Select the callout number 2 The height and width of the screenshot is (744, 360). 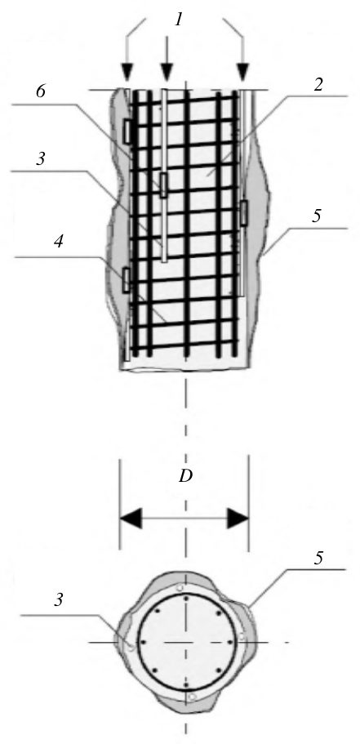[318, 85]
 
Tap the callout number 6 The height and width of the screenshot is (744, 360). [41, 92]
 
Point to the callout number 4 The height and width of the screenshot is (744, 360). [58, 242]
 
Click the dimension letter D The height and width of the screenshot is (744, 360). [184, 476]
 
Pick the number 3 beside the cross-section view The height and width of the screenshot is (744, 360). [58, 600]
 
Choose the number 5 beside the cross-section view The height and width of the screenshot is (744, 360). [318, 559]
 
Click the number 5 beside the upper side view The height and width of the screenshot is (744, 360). [317, 216]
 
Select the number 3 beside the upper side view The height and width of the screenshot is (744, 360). [41, 159]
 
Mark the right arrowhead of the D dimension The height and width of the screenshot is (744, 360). [238, 518]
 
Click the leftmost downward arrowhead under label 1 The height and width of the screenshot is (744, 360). [127, 73]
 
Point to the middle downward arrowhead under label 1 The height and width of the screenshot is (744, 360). [166, 73]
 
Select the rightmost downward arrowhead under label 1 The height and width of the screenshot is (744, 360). [242, 73]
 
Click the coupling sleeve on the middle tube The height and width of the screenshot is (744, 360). [163, 185]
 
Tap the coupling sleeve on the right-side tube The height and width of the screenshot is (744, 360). [244, 212]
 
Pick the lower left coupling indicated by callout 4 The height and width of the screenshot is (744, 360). [127, 280]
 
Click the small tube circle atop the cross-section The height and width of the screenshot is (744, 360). [180, 588]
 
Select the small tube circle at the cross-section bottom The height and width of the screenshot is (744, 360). [192, 697]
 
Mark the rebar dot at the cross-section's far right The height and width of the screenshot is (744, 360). [230, 643]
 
